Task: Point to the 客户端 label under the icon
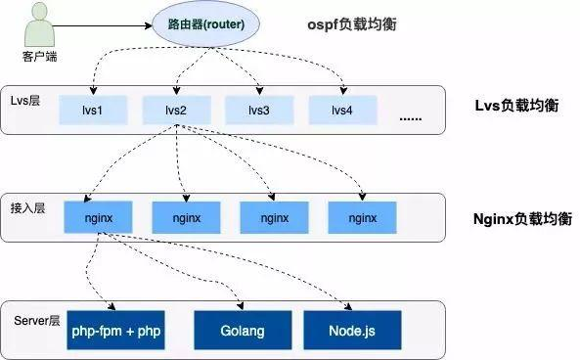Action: (x=38, y=57)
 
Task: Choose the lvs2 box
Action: (x=176, y=110)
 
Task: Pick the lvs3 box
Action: (x=258, y=110)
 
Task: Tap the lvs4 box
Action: (x=342, y=110)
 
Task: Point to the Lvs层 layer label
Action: (x=28, y=101)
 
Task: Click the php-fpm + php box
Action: (x=116, y=331)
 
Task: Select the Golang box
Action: (x=243, y=331)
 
